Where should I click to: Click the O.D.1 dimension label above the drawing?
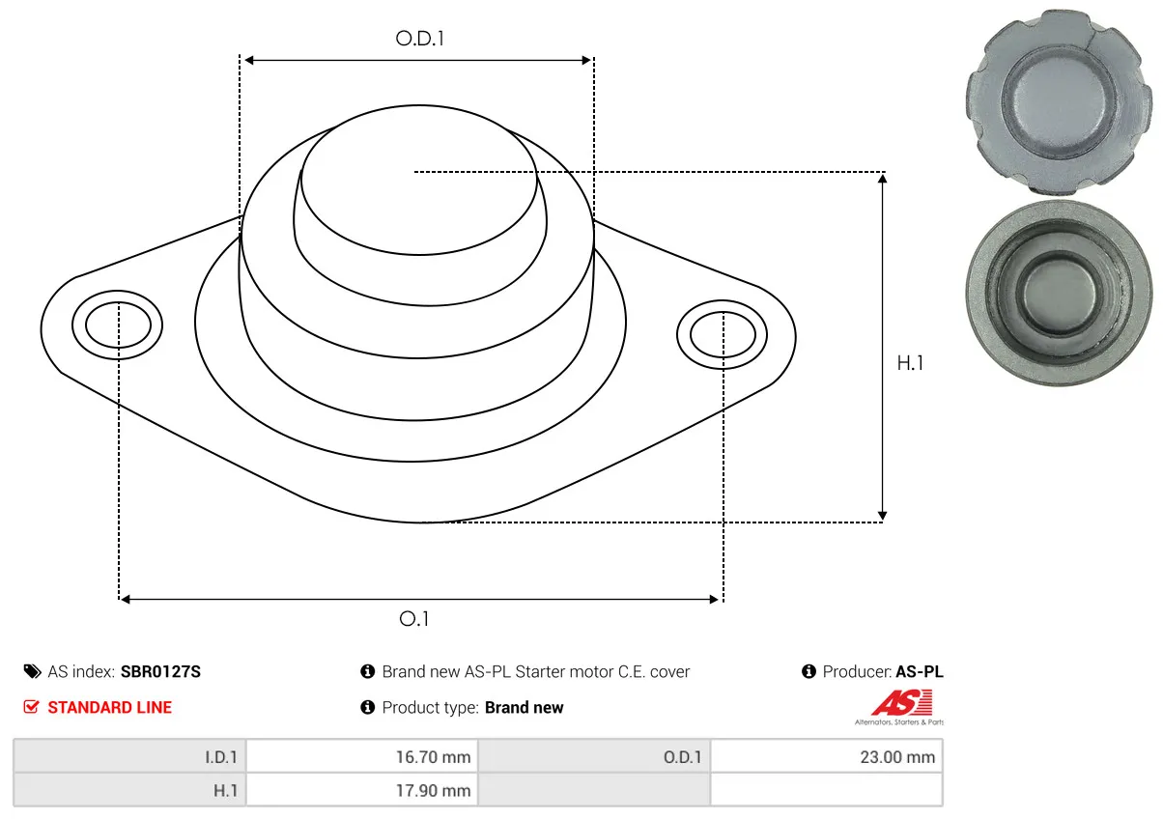click(419, 39)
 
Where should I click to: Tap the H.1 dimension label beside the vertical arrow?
click(910, 363)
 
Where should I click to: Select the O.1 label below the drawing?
click(413, 619)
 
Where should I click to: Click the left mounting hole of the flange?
click(118, 325)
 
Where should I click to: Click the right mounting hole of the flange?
click(723, 335)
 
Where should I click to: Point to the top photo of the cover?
click(1059, 101)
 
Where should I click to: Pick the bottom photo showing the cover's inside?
click(1059, 294)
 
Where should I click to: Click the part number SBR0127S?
click(160, 671)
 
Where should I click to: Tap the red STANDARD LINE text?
click(109, 707)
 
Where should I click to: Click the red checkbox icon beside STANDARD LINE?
click(31, 707)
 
